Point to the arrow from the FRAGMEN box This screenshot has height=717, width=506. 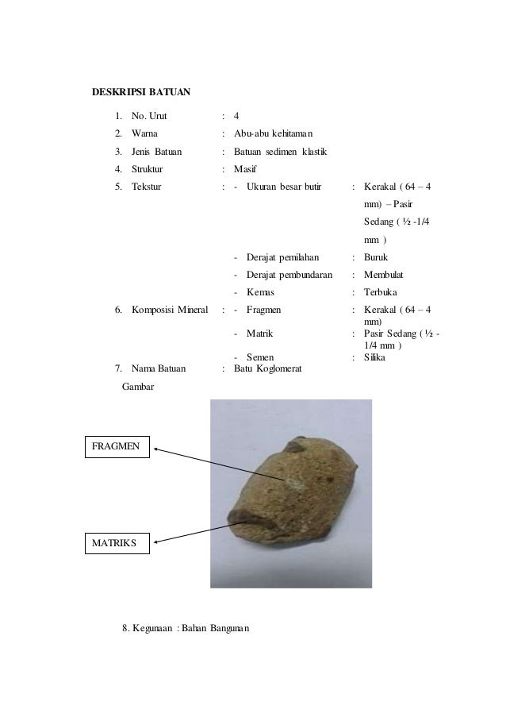pyautogui.click(x=218, y=464)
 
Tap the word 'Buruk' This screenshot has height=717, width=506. pyautogui.click(x=375, y=258)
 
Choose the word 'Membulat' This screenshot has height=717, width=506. pyautogui.click(x=383, y=276)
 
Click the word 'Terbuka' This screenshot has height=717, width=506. pyautogui.click(x=380, y=293)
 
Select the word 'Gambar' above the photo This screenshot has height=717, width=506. pyautogui.click(x=139, y=387)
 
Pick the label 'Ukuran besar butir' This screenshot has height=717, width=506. pyautogui.click(x=284, y=188)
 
